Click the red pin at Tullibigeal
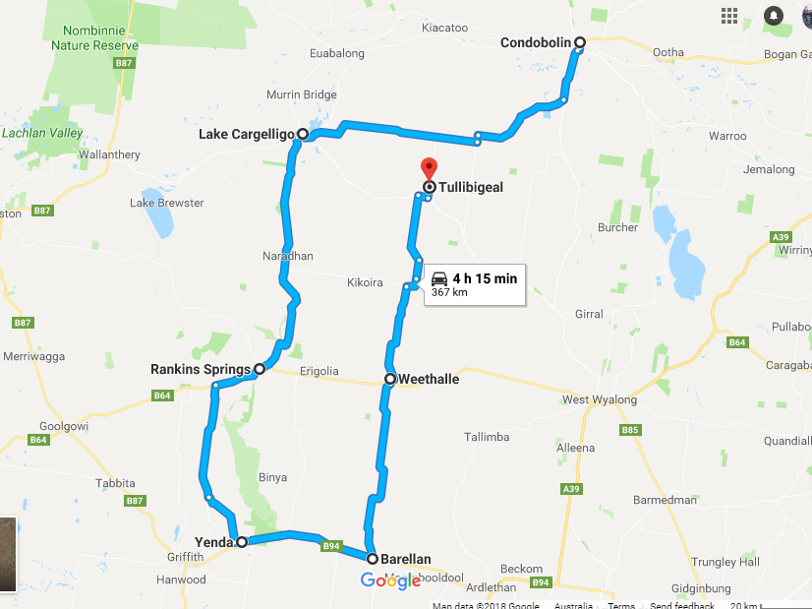tap(428, 168)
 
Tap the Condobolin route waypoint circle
tap(580, 42)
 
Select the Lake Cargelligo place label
tap(246, 134)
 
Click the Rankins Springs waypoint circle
tap(260, 370)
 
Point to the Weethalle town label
tap(429, 379)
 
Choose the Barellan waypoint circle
tap(373, 559)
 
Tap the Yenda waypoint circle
tap(242, 541)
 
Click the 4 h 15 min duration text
tap(485, 278)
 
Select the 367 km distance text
tap(448, 292)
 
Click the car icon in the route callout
tap(439, 278)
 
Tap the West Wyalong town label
tap(600, 399)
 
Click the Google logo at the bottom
tap(391, 580)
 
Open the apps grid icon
tap(729, 16)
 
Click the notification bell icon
tap(774, 16)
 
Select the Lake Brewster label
tap(167, 203)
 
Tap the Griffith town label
tap(185, 557)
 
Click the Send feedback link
tap(681, 605)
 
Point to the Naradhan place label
tap(288, 256)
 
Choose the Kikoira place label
tap(365, 282)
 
